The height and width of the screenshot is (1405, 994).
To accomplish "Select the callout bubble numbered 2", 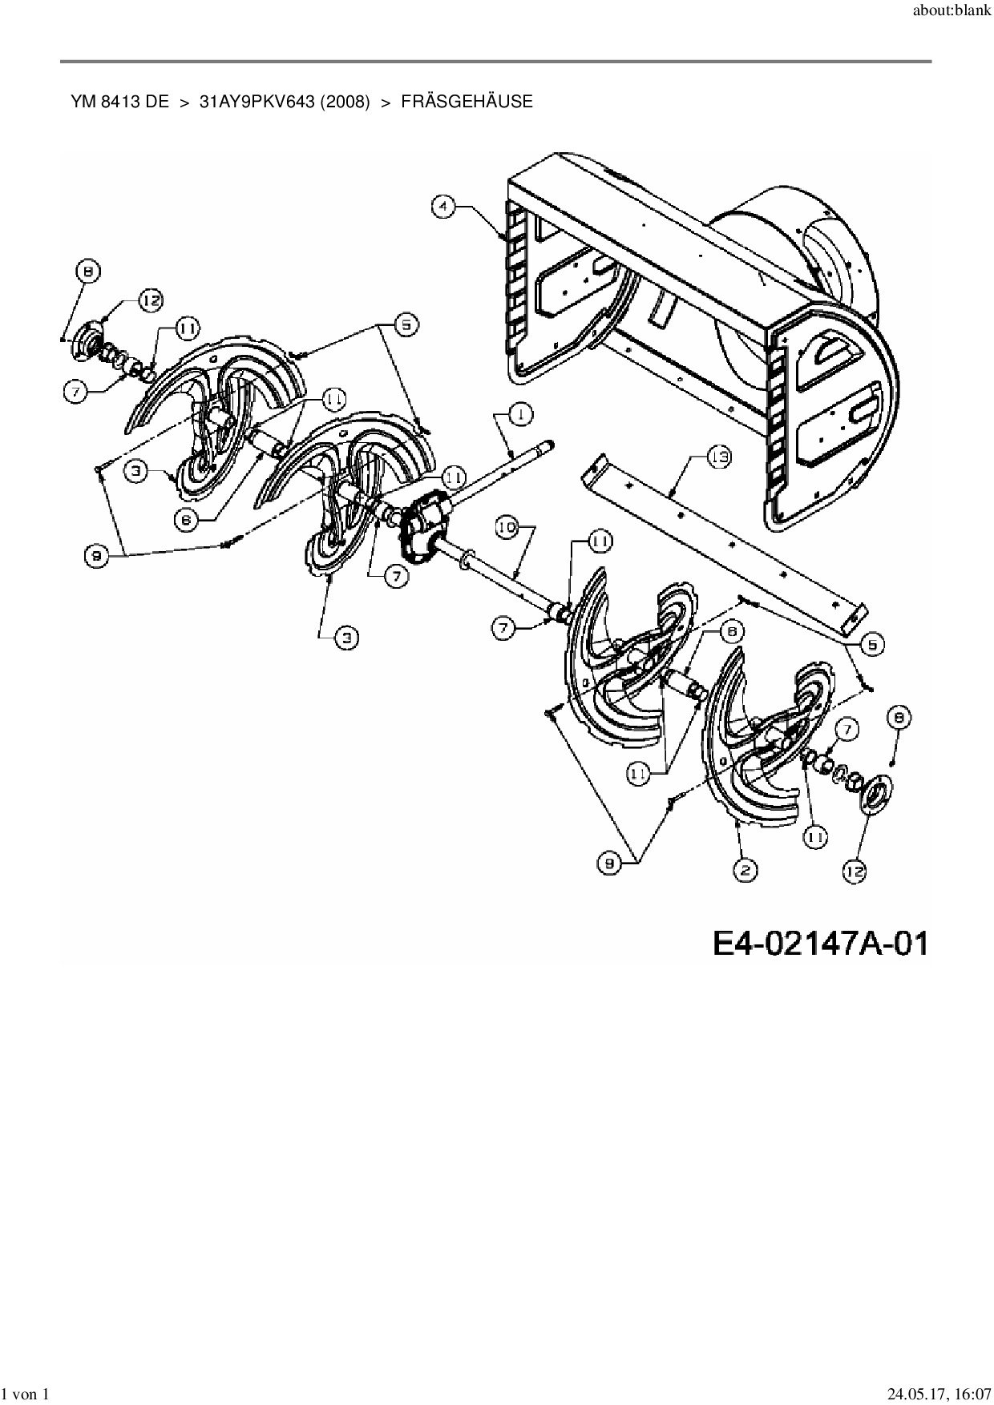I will click(745, 870).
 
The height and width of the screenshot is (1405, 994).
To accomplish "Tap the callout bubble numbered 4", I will click(442, 206).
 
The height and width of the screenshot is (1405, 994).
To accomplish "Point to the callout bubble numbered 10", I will click(507, 528).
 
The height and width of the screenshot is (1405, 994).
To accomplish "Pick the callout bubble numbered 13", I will click(719, 458).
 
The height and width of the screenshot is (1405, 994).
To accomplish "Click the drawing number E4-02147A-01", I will click(821, 943).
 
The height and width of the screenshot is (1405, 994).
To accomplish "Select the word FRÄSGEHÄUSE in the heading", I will click(467, 102).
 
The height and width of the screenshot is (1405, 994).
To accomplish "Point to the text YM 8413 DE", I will click(119, 102).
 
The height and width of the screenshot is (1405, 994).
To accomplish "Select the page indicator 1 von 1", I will click(26, 1395).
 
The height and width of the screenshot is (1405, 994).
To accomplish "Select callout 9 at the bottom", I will click(608, 862).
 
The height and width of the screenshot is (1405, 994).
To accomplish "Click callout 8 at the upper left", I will click(87, 272).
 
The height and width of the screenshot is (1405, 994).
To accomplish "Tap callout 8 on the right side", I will click(899, 719).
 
